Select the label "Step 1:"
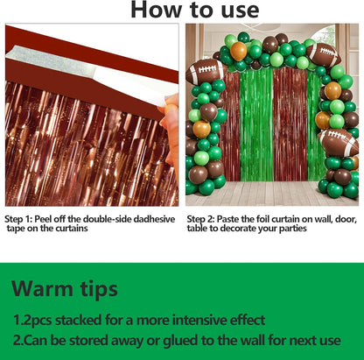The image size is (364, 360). (x=18, y=220)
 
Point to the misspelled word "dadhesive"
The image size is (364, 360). (x=154, y=219)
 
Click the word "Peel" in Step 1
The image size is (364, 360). (x=44, y=219)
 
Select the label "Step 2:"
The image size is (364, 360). (x=200, y=220)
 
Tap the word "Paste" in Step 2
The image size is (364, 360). (x=227, y=219)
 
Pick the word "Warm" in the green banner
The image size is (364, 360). (x=42, y=289)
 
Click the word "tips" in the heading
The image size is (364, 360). (x=99, y=290)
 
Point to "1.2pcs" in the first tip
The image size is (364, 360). (x=32, y=321)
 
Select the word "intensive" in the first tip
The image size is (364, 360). (x=199, y=321)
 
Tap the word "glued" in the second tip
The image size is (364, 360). (x=178, y=341)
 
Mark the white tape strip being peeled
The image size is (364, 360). (x=87, y=69)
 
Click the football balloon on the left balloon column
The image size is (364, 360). (x=206, y=72)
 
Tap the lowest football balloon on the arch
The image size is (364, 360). (x=339, y=143)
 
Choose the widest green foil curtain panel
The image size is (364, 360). (x=256, y=125)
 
